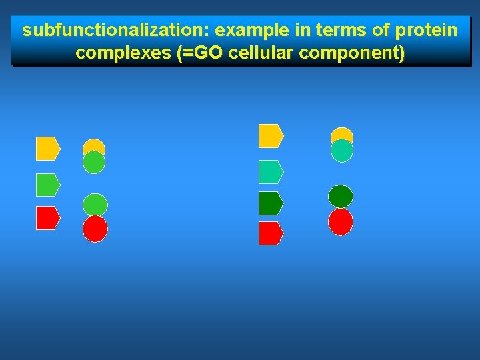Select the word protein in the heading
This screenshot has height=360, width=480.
(x=431, y=31)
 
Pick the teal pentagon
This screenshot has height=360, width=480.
(x=271, y=172)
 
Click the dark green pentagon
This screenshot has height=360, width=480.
(x=271, y=203)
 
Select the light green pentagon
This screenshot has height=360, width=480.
(x=47, y=185)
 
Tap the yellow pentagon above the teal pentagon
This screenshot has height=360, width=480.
(x=271, y=136)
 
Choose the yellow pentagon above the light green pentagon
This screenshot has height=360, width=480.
(x=47, y=149)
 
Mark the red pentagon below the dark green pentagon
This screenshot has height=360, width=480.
(x=271, y=233)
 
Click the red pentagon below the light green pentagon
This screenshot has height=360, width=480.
(x=47, y=218)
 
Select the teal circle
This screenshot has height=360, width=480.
(x=342, y=151)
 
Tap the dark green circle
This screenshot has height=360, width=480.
(x=341, y=197)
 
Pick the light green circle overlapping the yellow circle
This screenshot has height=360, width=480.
(x=94, y=163)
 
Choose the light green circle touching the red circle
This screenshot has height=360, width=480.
(x=95, y=203)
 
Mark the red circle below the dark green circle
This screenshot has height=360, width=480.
(x=341, y=222)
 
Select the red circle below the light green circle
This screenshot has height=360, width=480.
(x=95, y=229)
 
